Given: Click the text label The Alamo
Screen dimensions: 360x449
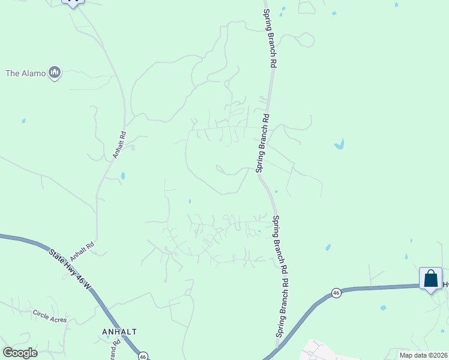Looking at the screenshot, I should [x=25, y=73].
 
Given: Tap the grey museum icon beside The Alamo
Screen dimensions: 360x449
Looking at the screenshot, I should [x=55, y=73].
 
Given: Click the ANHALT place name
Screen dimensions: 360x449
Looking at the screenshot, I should [x=120, y=331].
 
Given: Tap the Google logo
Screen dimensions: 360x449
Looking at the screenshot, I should [x=20, y=353].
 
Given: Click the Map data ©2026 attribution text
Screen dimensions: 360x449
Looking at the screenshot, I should [x=423, y=355].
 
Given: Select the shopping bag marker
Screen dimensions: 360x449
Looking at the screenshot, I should [x=430, y=279].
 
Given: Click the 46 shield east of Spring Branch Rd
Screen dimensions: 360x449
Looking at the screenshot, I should [x=336, y=293].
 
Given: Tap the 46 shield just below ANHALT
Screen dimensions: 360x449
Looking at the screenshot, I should [x=142, y=356].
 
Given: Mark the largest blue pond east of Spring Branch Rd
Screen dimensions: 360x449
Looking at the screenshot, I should [x=340, y=145].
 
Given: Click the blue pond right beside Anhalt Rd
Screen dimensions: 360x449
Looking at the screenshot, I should [x=123, y=176].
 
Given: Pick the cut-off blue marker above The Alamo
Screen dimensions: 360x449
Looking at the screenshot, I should [x=73, y=2].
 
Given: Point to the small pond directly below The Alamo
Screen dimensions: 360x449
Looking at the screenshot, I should [x=23, y=121].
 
